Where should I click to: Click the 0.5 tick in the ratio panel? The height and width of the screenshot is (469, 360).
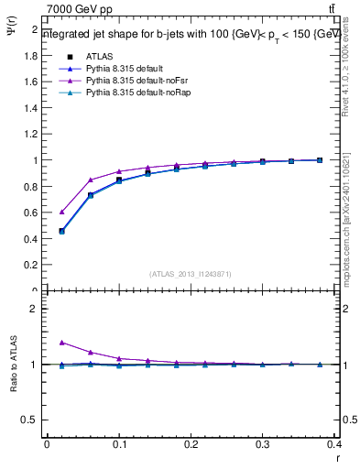(30, 420)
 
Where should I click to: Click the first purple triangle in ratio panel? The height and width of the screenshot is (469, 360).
(61, 343)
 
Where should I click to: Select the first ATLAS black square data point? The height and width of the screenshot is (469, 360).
(61, 231)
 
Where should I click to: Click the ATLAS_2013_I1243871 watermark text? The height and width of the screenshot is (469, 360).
(190, 273)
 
